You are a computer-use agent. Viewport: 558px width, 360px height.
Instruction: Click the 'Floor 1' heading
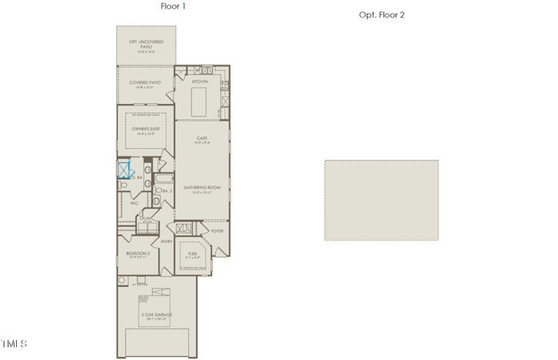pos(173,6)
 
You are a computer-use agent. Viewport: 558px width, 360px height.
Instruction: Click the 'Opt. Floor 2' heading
pos(382,15)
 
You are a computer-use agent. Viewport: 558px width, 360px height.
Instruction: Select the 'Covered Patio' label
pos(145,82)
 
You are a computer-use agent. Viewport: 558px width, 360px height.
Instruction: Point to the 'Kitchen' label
pos(200,82)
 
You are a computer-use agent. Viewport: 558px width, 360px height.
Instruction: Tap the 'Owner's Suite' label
pos(146,129)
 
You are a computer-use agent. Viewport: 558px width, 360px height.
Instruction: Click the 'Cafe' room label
pos(202,138)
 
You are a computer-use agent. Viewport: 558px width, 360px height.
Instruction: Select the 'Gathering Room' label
pos(202,188)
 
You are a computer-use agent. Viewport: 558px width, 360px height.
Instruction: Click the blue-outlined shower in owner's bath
pos(124,170)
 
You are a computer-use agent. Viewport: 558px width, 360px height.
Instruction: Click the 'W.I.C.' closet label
pos(135,203)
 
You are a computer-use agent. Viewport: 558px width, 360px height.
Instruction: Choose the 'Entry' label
pos(167,241)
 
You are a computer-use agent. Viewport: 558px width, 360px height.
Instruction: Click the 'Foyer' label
pos(217,230)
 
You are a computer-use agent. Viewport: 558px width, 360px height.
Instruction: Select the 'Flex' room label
pos(193,253)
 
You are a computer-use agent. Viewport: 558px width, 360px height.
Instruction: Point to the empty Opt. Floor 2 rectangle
pos(382,200)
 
